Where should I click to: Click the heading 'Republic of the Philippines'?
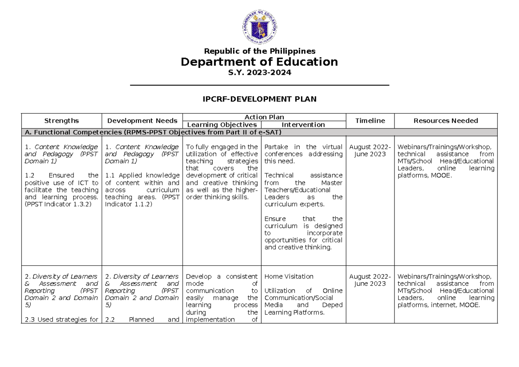coord(259,51)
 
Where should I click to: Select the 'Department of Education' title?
coord(259,62)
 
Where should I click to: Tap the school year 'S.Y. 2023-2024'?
coord(259,73)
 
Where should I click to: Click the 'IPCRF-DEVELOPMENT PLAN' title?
coord(259,99)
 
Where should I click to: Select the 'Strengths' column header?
coord(61,121)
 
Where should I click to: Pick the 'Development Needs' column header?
coord(142,121)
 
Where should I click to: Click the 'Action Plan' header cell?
coord(264,117)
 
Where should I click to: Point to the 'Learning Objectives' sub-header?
coord(221,124)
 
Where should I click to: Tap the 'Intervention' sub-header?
coord(303,124)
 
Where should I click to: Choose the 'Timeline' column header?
coord(370,121)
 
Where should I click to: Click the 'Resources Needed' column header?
coord(446,121)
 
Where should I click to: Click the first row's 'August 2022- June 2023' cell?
coord(370,150)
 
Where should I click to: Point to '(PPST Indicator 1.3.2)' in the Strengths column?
coord(58,204)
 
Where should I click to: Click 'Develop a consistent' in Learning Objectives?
coord(221,276)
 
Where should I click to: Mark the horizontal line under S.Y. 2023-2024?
coord(259,86)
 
